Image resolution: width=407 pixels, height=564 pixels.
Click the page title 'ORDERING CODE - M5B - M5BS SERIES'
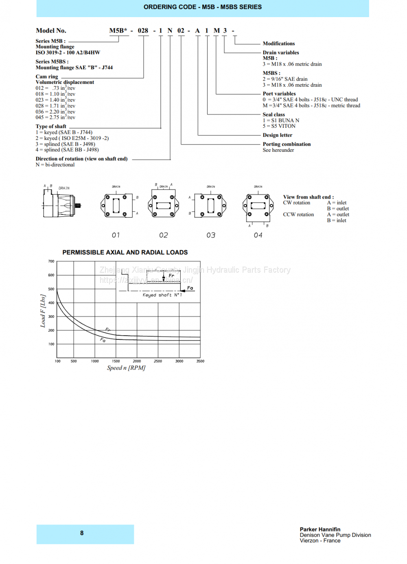click(x=203, y=7)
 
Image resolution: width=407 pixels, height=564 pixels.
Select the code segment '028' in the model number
click(x=143, y=31)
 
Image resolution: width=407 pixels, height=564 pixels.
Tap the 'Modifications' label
click(x=278, y=44)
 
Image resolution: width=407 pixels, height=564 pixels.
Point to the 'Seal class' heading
click(x=274, y=114)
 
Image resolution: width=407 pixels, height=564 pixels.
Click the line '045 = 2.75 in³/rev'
click(x=55, y=117)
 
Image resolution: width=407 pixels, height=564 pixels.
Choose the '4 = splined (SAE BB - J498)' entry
click(x=67, y=150)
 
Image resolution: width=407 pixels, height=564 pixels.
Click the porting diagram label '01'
click(x=116, y=235)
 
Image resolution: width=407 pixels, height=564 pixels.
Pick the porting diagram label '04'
click(x=258, y=235)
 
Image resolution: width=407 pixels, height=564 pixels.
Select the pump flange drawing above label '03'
click(x=210, y=205)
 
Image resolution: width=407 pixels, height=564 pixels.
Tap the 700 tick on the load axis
click(x=51, y=261)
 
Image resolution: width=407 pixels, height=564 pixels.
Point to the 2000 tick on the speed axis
click(x=137, y=361)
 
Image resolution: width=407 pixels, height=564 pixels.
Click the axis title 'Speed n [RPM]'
click(x=126, y=368)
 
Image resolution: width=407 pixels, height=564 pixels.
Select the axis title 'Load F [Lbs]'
click(x=43, y=311)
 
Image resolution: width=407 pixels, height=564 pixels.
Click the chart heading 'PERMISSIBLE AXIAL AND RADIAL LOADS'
click(x=125, y=252)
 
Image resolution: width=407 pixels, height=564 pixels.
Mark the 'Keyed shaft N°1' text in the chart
click(x=162, y=295)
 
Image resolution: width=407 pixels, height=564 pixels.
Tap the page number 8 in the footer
click(x=82, y=533)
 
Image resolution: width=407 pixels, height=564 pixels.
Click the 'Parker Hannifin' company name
click(x=320, y=529)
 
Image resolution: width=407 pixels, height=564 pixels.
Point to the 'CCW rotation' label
click(x=298, y=214)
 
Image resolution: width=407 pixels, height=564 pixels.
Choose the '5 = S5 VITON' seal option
click(x=279, y=126)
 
